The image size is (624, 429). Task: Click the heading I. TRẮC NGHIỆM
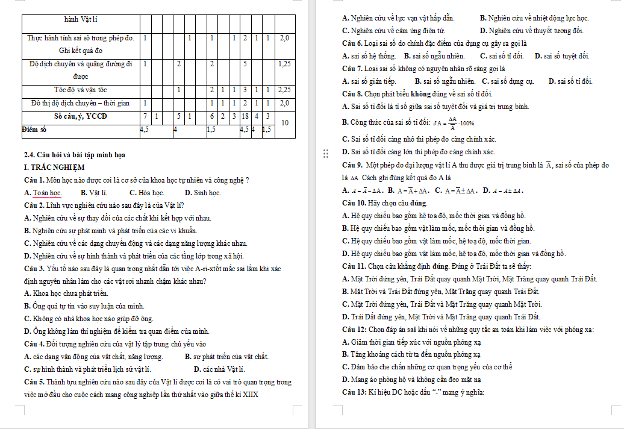(54, 167)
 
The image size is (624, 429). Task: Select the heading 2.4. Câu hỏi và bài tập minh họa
(74, 155)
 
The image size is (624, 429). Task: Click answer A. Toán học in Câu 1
(43, 193)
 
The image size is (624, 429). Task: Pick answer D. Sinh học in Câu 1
(202, 193)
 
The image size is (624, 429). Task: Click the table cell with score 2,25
(286, 90)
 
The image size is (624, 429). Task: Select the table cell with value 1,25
(286, 63)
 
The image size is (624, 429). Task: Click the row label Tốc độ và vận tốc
(81, 90)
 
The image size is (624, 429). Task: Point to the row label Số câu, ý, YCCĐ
(81, 116)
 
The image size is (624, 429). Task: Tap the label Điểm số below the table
(34, 129)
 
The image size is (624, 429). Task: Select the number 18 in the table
(246, 116)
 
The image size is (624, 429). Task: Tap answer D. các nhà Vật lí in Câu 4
(219, 369)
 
